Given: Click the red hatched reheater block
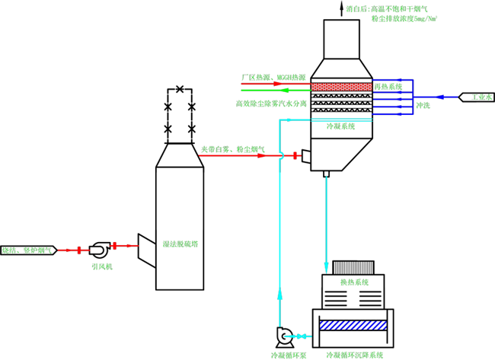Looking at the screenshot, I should pyautogui.click(x=341, y=87).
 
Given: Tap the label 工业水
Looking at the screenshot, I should pyautogui.click(x=481, y=97).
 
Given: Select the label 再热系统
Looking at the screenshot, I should pyautogui.click(x=388, y=87).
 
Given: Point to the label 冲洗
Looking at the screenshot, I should pyautogui.click(x=423, y=105).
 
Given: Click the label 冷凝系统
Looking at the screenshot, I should pyautogui.click(x=340, y=126).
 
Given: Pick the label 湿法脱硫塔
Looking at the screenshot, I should pyautogui.click(x=180, y=244).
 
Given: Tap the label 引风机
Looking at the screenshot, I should pyautogui.click(x=101, y=266).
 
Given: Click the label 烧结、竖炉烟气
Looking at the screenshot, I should pyautogui.click(x=27, y=250).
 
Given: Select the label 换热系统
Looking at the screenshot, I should pyautogui.click(x=354, y=282).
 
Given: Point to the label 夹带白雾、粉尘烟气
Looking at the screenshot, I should pyautogui.click(x=232, y=149).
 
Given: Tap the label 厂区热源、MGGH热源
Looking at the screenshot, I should pyautogui.click(x=273, y=78).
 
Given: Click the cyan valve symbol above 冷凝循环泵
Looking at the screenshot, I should pyautogui.click(x=300, y=336).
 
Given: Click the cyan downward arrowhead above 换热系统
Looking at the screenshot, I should pyautogui.click(x=326, y=267).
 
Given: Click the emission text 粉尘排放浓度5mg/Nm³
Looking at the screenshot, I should pyautogui.click(x=404, y=18).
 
